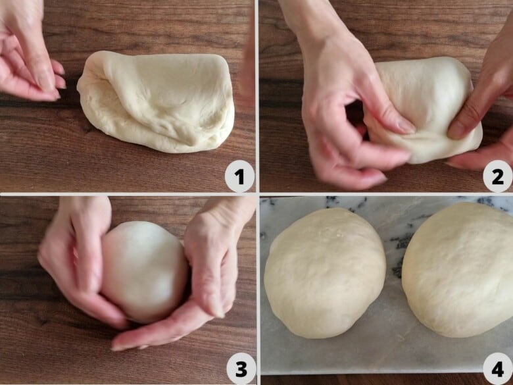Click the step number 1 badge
point(239,176)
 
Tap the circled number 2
point(497,176)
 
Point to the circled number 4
point(497,369)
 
